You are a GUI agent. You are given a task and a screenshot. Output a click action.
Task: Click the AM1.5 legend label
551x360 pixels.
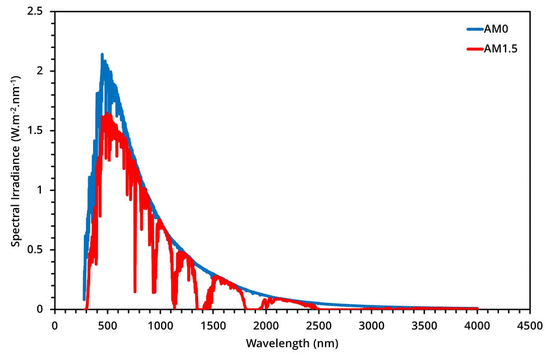click(501, 49)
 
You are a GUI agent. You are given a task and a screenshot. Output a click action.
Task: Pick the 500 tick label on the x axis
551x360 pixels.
click(108, 323)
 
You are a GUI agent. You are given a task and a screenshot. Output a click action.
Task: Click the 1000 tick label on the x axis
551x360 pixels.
click(160, 323)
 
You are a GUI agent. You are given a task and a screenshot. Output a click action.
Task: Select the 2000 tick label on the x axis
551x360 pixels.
click(266, 323)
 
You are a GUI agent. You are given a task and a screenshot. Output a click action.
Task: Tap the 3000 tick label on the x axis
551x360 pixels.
click(372, 323)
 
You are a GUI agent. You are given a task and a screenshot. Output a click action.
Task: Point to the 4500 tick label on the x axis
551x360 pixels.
click(530, 323)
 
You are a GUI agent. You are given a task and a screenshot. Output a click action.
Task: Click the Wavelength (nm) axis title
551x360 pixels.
click(292, 342)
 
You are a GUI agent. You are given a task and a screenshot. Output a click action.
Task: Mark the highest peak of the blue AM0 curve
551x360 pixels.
click(102, 55)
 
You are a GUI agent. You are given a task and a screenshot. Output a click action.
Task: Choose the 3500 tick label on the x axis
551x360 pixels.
click(424, 323)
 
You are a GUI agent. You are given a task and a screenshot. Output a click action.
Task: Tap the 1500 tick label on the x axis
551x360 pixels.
click(213, 323)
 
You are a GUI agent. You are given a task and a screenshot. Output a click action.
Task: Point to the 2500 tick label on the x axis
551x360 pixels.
click(319, 323)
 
